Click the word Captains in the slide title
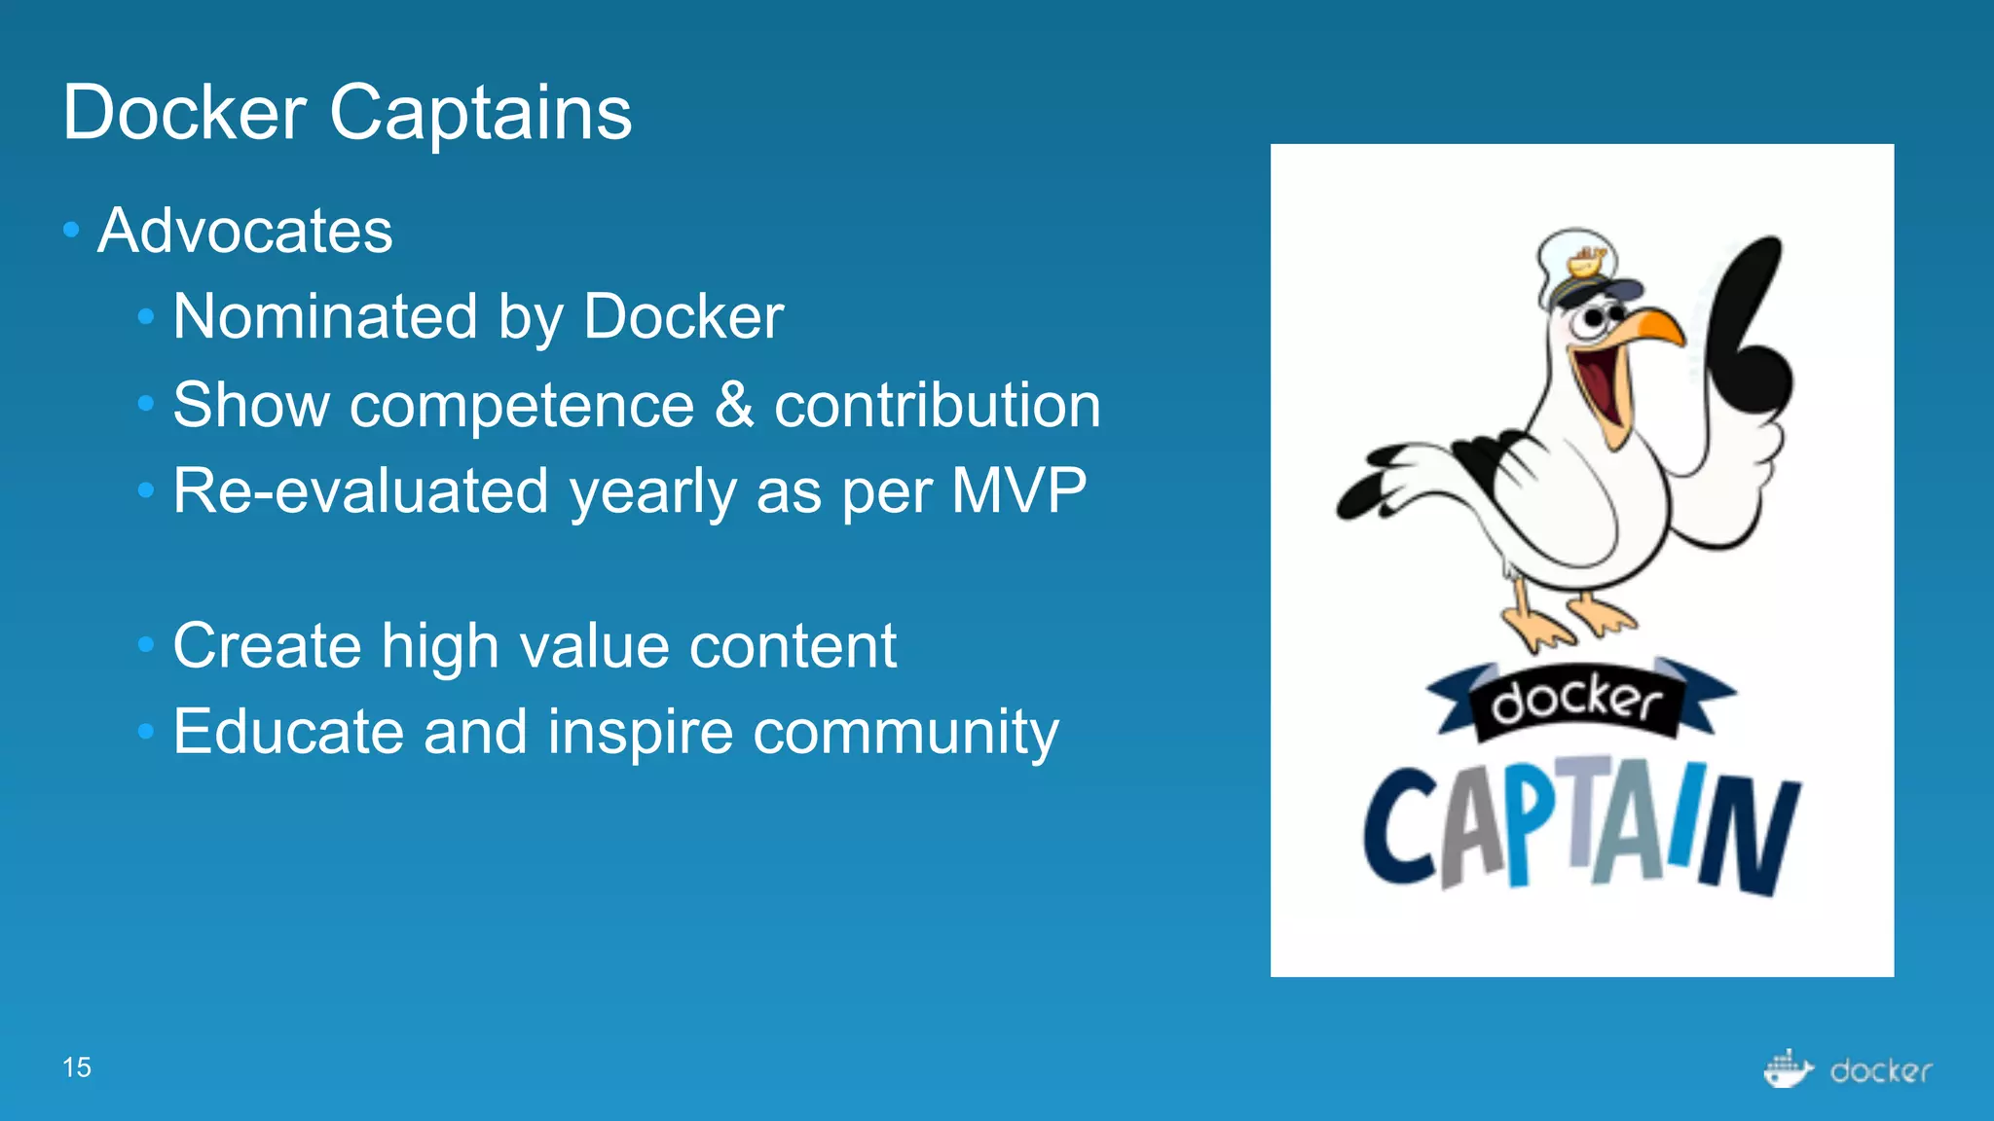point(480,113)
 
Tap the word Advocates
point(244,232)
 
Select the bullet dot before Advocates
point(70,231)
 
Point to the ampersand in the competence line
point(734,405)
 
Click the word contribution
point(937,405)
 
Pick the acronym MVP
point(1018,490)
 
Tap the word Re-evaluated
point(361,490)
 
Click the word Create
point(267,645)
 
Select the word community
point(905,732)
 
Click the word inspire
point(640,732)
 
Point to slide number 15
point(76,1067)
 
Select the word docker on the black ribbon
point(1576,701)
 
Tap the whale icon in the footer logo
point(1788,1069)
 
